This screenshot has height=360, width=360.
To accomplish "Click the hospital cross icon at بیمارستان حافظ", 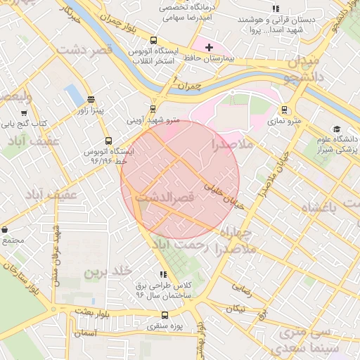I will [209, 47].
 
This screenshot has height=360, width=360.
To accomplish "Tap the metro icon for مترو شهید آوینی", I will [153, 108].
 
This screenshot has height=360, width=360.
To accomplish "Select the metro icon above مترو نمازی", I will [284, 110].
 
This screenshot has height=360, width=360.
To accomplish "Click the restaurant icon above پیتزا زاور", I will [90, 100].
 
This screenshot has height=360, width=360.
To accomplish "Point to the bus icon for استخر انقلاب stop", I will [153, 40].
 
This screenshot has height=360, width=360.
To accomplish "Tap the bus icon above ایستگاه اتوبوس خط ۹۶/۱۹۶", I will [108, 140].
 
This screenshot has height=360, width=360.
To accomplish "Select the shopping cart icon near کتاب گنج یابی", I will [25, 112].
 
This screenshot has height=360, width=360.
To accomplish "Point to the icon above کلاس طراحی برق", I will [163, 275].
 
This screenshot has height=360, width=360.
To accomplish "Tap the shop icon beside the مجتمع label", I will [4, 229].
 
